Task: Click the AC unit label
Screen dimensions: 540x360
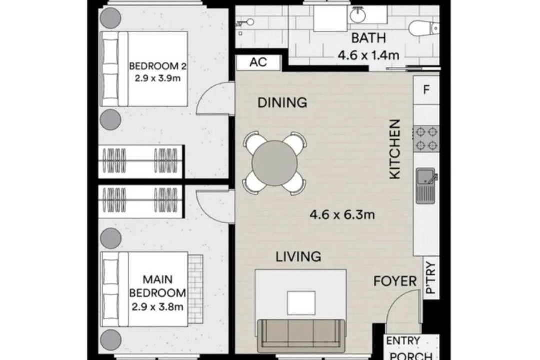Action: (258, 62)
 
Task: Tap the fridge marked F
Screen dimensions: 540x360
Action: (426, 90)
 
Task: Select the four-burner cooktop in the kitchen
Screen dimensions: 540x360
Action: (426, 139)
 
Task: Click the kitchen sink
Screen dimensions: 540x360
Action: (427, 185)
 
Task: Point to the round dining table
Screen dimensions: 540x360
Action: (274, 163)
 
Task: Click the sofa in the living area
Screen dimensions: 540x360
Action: (301, 333)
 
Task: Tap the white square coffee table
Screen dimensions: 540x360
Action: (301, 303)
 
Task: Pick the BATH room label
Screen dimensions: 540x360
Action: (369, 38)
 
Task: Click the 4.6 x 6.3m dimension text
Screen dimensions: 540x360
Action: (342, 215)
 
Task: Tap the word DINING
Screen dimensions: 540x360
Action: (282, 102)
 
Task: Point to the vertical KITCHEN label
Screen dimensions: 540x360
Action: (395, 149)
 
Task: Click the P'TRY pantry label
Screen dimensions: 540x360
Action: (431, 278)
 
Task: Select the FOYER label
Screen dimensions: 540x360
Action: (395, 281)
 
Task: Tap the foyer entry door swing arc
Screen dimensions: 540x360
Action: (396, 301)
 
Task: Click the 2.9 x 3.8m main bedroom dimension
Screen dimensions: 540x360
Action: (157, 306)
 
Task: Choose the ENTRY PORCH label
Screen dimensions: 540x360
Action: (408, 348)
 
